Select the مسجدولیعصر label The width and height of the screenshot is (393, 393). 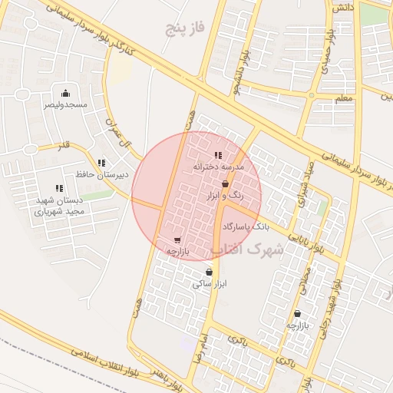click(x=64, y=104)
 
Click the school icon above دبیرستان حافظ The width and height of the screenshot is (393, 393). click(x=102, y=163)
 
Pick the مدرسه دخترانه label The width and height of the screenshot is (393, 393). click(x=218, y=167)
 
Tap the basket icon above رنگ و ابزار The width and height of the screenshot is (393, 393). click(x=224, y=185)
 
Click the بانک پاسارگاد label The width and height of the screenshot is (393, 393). click(x=246, y=227)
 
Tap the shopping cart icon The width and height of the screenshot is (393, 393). click(x=178, y=240)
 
